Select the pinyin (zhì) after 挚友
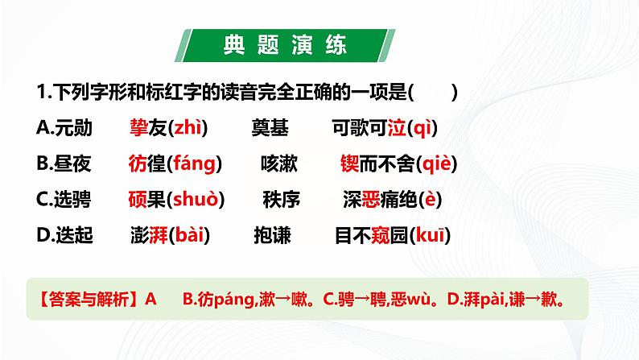click(x=185, y=127)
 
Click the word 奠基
click(x=271, y=127)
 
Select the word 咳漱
click(x=279, y=163)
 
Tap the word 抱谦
click(x=273, y=235)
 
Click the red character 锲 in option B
click(x=348, y=163)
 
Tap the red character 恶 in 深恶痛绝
click(x=369, y=199)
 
